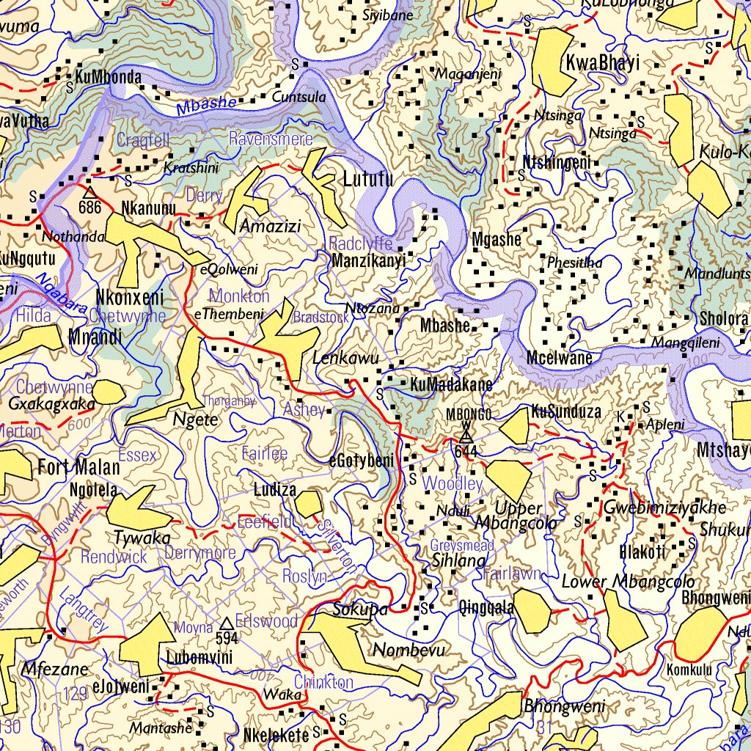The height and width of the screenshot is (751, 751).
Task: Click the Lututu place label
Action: [367, 179]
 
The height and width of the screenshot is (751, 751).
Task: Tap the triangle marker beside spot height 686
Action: [89, 192]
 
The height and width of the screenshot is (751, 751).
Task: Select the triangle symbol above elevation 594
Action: [227, 623]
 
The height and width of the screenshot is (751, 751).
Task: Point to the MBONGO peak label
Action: [469, 414]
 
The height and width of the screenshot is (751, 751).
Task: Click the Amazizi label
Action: [271, 226]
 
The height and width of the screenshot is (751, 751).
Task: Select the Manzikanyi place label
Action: [368, 261]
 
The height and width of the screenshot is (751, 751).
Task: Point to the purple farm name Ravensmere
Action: [271, 139]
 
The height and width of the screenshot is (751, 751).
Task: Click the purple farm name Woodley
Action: [453, 483]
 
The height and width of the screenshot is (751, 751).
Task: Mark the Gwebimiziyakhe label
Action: [664, 508]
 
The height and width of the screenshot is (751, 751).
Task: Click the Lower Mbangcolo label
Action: [628, 583]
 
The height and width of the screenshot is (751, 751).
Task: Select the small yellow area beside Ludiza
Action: [309, 504]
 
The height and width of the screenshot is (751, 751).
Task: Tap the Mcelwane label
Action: [559, 359]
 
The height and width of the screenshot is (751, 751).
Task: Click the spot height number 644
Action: [466, 451]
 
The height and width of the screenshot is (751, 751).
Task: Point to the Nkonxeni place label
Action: [129, 298]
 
